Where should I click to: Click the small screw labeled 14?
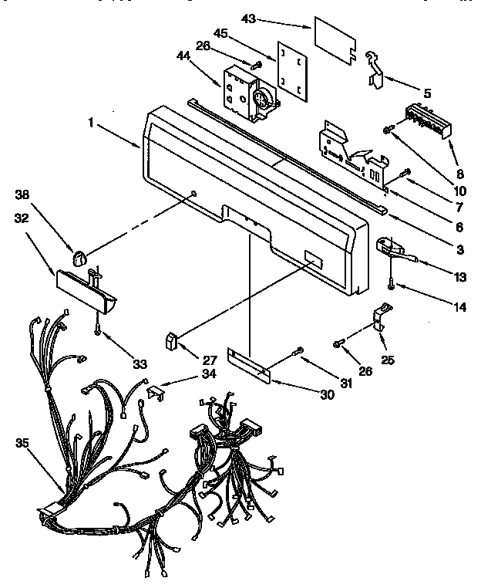coord(392,286)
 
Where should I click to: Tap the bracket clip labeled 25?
coord(381,318)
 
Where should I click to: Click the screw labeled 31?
coord(298,353)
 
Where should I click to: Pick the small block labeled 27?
coord(172,340)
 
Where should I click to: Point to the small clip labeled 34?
coord(156,391)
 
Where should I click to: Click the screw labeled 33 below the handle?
coord(98,329)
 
